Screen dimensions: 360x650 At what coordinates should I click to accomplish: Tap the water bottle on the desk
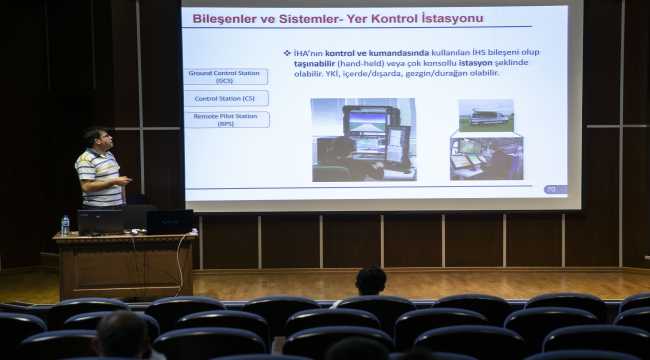[65, 225]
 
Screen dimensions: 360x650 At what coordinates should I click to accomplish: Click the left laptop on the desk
[100, 221]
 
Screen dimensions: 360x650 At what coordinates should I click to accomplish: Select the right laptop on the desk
[169, 220]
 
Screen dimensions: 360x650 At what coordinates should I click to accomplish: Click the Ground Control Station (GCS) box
[226, 77]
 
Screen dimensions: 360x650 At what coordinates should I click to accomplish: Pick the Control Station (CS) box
[226, 98]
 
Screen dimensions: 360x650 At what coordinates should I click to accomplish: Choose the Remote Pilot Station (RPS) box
[226, 119]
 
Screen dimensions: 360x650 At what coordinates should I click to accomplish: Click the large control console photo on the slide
[363, 139]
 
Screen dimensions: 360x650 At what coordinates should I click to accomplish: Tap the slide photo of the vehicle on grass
[486, 114]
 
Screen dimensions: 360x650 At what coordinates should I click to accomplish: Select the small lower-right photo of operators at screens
[486, 158]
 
